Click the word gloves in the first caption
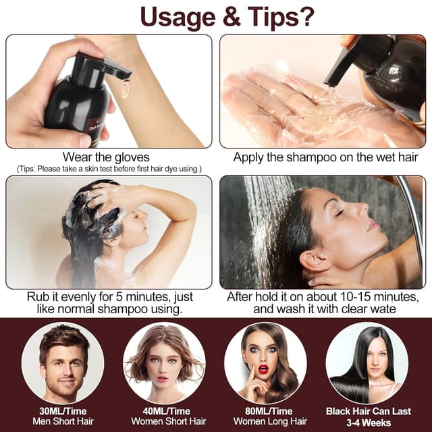(130, 157)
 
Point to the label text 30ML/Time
(63, 411)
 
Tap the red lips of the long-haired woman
(263, 369)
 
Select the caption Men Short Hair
(63, 422)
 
